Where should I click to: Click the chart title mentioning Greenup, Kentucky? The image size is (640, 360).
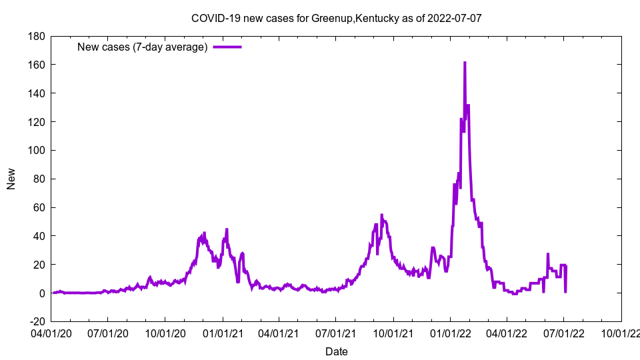[336, 18]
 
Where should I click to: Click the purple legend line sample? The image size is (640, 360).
[227, 47]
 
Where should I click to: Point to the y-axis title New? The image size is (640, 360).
[11, 179]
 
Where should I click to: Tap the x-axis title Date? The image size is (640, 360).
[336, 351]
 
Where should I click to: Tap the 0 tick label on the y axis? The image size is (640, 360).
[41, 293]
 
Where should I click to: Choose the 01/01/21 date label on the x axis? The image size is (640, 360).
[222, 332]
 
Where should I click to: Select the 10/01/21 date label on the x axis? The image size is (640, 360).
[393, 332]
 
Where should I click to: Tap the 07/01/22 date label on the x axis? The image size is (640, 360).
[563, 332]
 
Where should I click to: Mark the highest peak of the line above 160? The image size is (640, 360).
[465, 63]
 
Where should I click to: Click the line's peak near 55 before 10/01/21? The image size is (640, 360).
[381, 215]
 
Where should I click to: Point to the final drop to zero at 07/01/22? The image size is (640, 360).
[565, 292]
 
